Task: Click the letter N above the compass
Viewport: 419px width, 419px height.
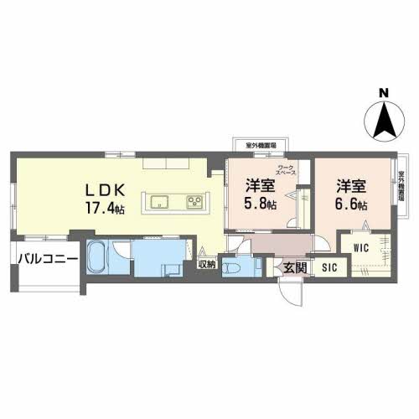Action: tap(382, 92)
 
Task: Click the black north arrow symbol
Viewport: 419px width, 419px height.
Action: tap(383, 120)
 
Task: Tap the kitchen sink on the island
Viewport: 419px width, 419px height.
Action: tap(161, 202)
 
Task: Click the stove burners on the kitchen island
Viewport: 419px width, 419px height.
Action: tap(195, 202)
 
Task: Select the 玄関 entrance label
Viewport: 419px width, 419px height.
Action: tap(294, 268)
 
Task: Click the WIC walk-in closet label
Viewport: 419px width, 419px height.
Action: tap(361, 247)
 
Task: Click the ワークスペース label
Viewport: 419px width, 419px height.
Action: tap(287, 172)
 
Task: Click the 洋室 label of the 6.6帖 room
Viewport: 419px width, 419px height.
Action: tap(350, 184)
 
